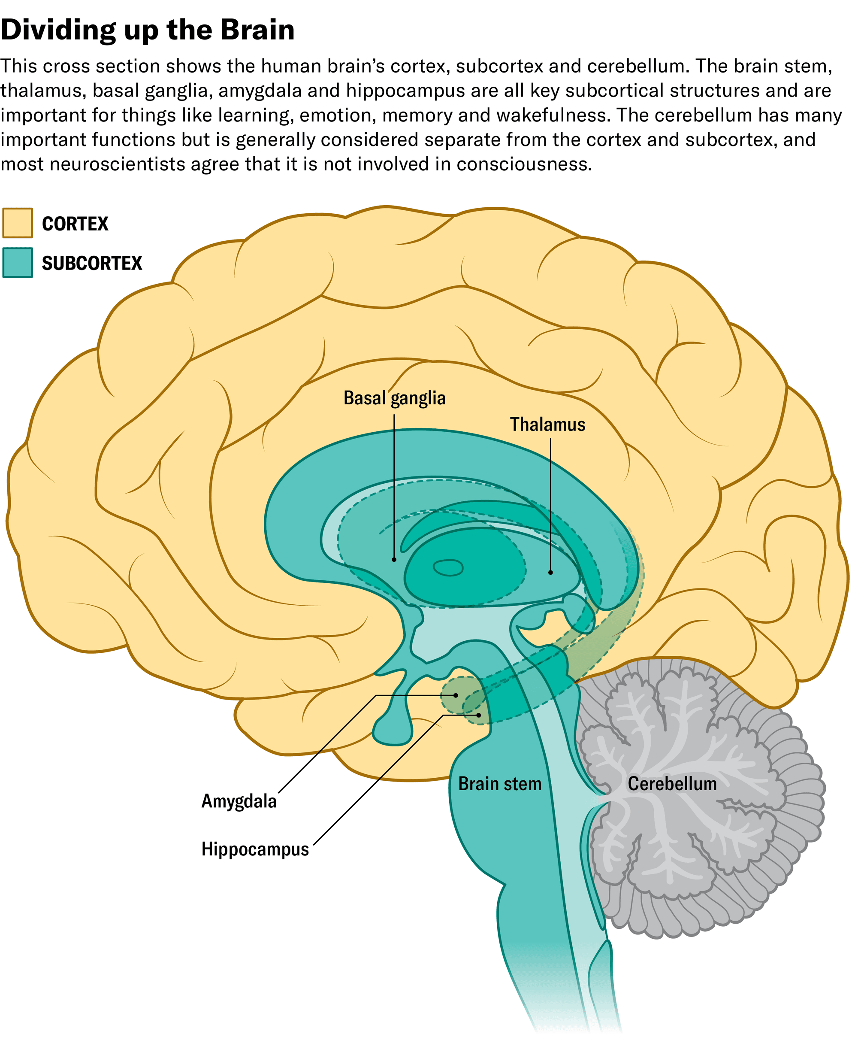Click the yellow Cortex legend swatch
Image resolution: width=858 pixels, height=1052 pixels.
pyautogui.click(x=18, y=223)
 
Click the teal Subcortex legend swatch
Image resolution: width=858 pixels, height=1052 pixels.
pyautogui.click(x=18, y=263)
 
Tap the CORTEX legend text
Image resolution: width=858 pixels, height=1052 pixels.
pyautogui.click(x=75, y=224)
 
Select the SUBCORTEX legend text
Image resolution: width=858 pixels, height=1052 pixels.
pyautogui.click(x=92, y=263)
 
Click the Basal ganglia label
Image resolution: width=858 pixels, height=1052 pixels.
pyautogui.click(x=394, y=398)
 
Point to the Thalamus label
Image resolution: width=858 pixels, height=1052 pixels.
pyautogui.click(x=547, y=424)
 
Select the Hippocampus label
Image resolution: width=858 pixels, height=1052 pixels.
pyautogui.click(x=255, y=849)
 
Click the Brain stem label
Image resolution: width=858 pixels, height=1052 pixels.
pyautogui.click(x=500, y=784)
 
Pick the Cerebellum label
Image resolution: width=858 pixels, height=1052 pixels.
pyautogui.click(x=672, y=784)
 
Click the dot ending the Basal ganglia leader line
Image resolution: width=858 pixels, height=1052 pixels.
pyautogui.click(x=394, y=560)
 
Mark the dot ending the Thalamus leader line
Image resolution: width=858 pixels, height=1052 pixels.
pyautogui.click(x=550, y=573)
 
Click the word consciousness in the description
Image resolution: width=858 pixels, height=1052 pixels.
pyautogui.click(x=524, y=164)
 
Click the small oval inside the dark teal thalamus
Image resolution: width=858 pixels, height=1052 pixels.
pyautogui.click(x=448, y=568)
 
